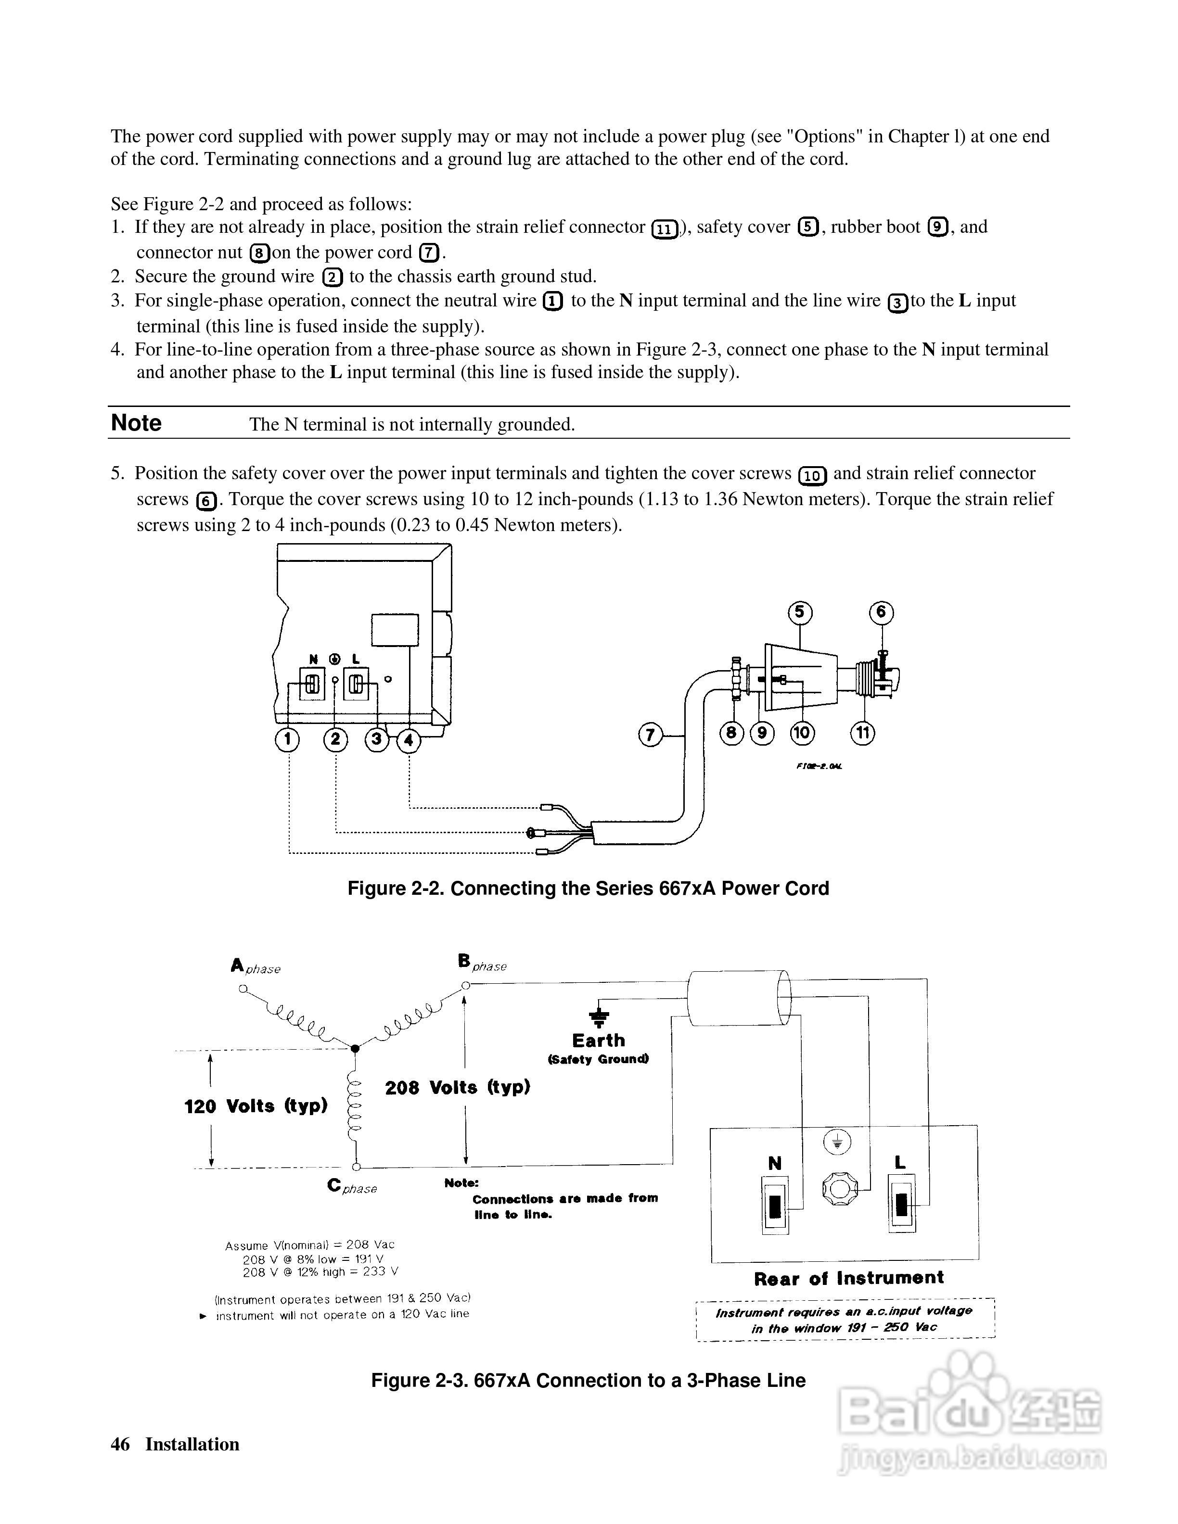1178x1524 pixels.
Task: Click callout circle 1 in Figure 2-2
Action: coord(287,740)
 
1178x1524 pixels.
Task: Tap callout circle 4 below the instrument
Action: coord(409,740)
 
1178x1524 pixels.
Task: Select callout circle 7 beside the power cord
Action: coord(651,735)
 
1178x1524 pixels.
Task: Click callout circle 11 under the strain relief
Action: coord(862,733)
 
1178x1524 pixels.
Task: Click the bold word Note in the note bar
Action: coord(136,423)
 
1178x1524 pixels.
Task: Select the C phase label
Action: coord(351,1186)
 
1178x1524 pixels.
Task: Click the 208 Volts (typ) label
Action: coord(457,1087)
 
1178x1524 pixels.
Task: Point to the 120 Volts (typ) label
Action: coord(256,1106)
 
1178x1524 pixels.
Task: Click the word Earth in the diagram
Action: coord(598,1041)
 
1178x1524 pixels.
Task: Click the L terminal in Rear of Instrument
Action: coord(901,1204)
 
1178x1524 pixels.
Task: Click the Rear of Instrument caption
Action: coord(848,1278)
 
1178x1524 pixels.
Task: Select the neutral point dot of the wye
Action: coord(355,1049)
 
